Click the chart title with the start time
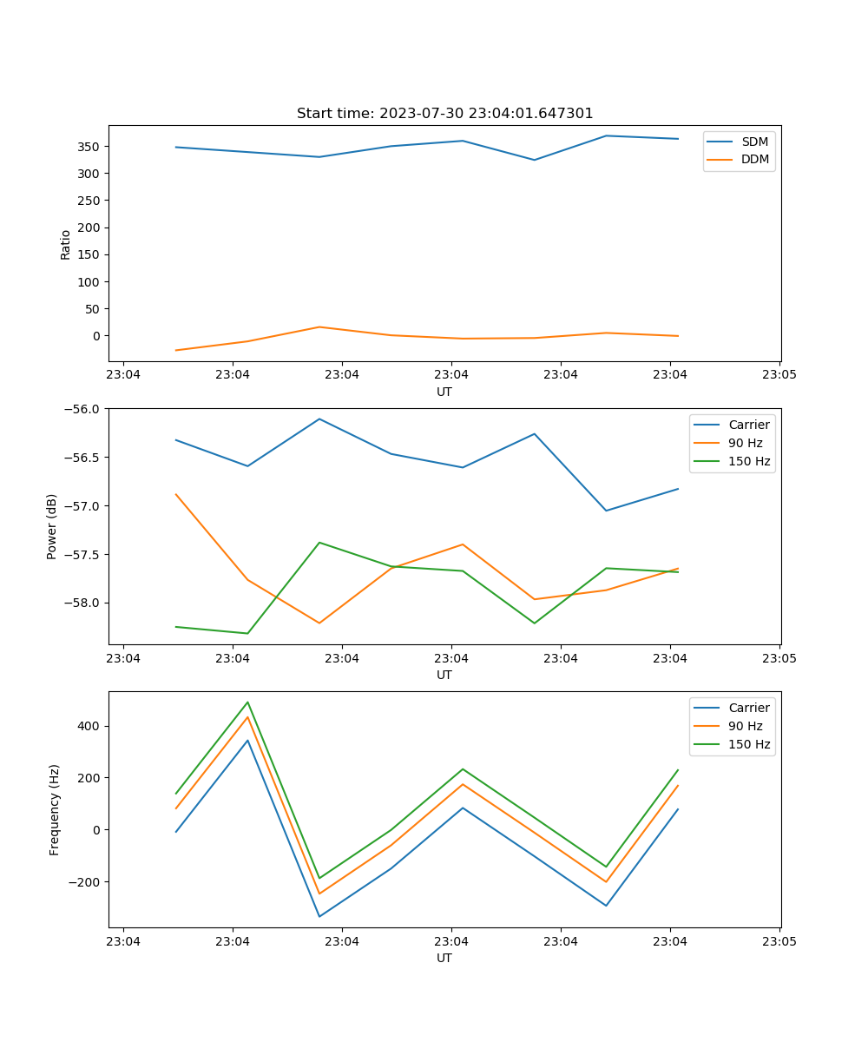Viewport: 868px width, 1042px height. pos(444,114)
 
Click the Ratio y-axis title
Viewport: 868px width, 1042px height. pos(66,244)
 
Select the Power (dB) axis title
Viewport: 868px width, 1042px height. pos(52,526)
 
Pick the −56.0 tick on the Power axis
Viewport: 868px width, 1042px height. pos(84,409)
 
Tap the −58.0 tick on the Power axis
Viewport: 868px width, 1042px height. pos(84,603)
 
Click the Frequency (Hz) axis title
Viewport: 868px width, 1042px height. pos(55,809)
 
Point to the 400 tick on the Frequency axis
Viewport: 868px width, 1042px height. pos(90,726)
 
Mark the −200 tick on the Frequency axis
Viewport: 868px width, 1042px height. pos(84,882)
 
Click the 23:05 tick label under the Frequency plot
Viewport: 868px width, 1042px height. pos(779,941)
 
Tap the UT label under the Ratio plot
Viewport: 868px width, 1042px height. pos(444,392)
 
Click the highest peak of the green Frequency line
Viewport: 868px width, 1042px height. pos(247,702)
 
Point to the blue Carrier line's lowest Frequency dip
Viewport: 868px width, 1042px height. pos(319,916)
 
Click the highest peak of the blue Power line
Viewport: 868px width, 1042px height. pos(319,419)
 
